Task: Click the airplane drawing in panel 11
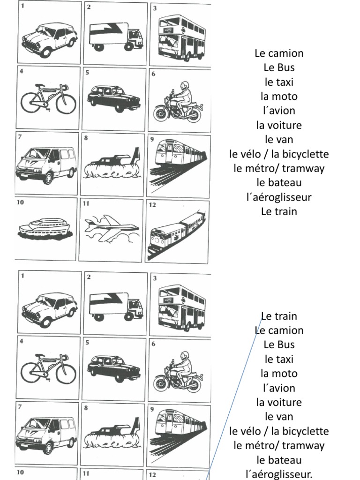[111, 229]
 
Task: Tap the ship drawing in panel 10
[45, 227]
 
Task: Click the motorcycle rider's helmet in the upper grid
[184, 85]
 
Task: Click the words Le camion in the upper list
[279, 53]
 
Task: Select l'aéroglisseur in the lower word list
[279, 474]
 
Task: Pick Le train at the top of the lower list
[279, 316]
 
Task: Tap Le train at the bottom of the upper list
[279, 211]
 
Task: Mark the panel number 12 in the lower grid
[152, 475]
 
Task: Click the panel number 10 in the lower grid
[20, 472]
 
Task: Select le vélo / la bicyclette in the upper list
[279, 154]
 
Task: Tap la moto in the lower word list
[279, 374]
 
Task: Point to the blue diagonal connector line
[234, 398]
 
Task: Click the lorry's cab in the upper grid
[135, 39]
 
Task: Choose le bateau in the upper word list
[279, 182]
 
